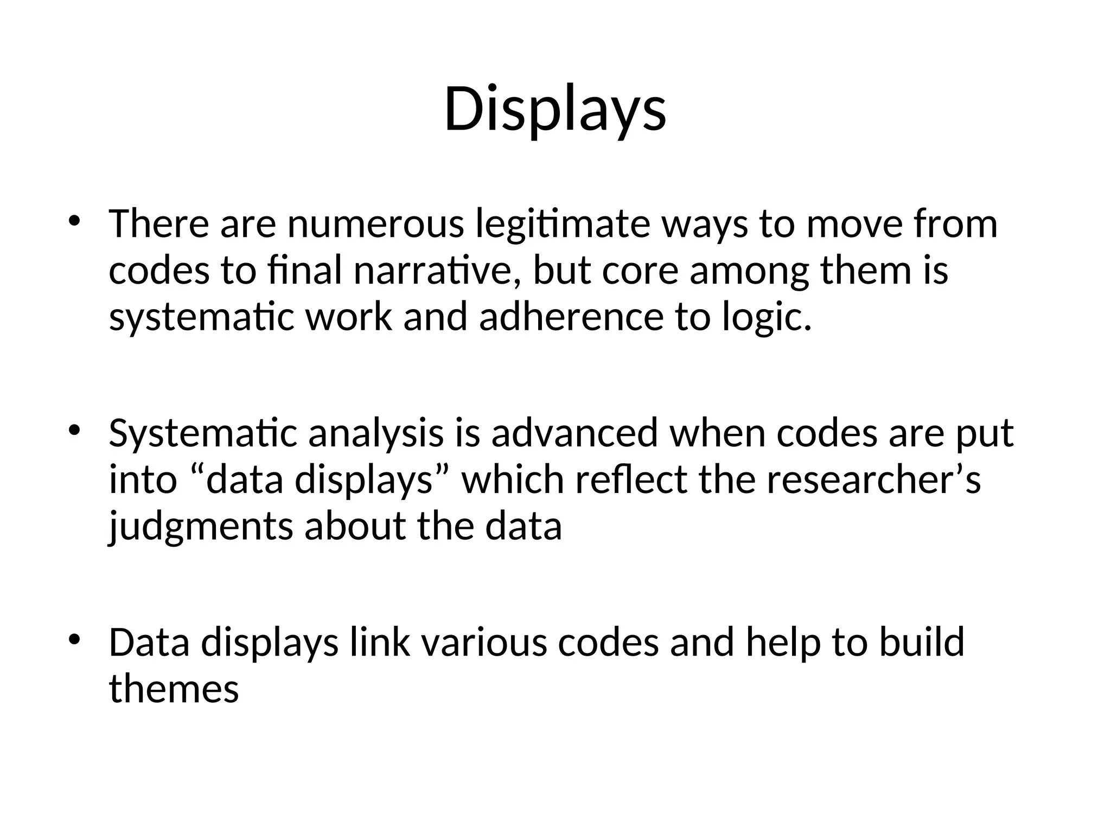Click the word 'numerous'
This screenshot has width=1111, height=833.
(375, 224)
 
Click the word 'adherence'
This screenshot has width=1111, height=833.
(571, 317)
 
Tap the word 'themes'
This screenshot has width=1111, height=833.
(174, 689)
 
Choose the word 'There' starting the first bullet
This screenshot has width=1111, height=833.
(158, 224)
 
